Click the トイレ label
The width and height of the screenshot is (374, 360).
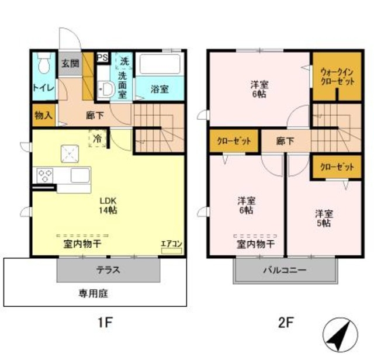coord(44,88)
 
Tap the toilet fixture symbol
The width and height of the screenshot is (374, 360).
coord(43,63)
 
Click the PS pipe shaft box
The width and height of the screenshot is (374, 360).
coord(102,57)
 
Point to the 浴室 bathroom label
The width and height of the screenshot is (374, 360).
coord(160,89)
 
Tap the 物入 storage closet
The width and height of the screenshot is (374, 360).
coord(43,115)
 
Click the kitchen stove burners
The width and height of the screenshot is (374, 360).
coord(46,174)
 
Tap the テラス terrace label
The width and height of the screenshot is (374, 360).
coord(108,270)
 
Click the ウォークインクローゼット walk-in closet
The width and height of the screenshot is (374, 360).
coord(337,76)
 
